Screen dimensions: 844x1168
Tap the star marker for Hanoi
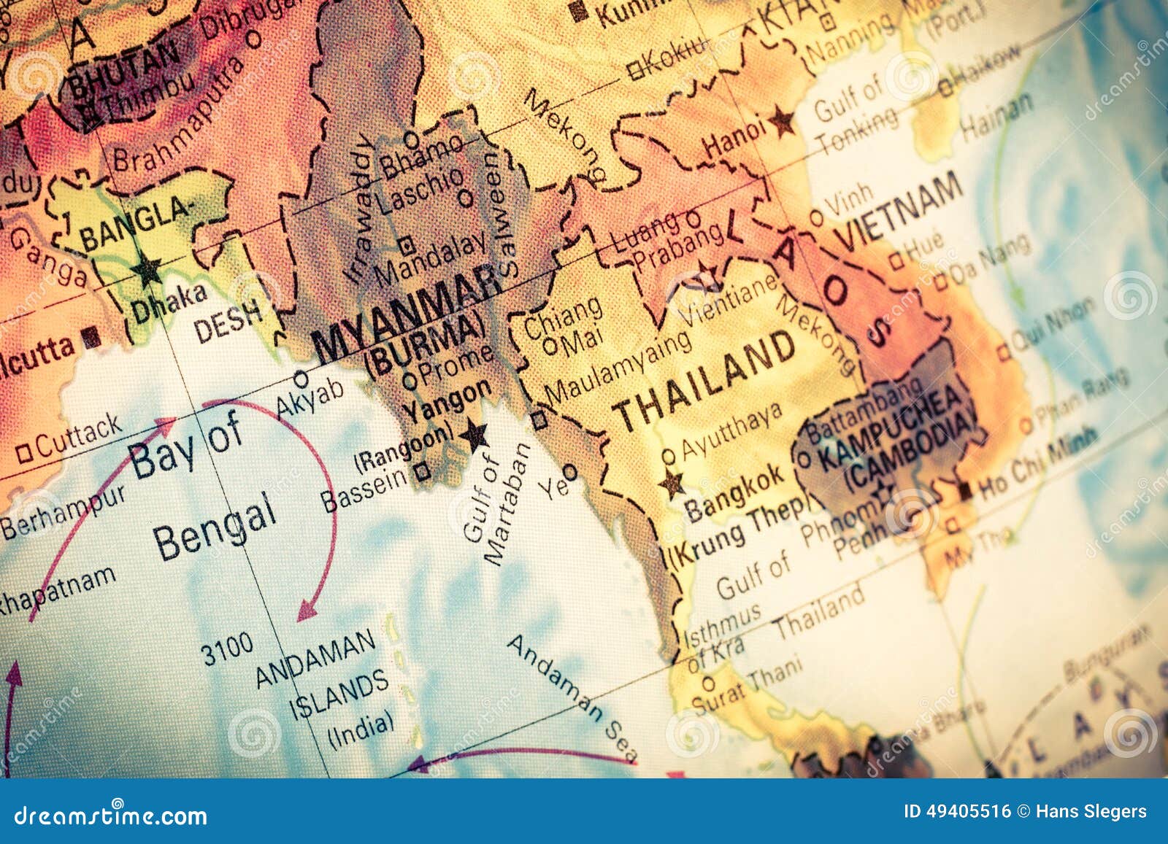point(783,121)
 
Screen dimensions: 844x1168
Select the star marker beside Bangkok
point(672,483)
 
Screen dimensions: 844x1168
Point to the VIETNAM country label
point(898,212)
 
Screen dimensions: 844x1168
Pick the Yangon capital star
point(475,435)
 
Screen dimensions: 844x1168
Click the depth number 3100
point(228,649)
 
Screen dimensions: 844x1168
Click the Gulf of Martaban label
point(496,503)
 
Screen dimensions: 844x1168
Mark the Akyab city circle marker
point(301,379)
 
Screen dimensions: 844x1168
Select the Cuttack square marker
point(24,453)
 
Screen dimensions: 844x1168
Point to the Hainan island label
point(996,117)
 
